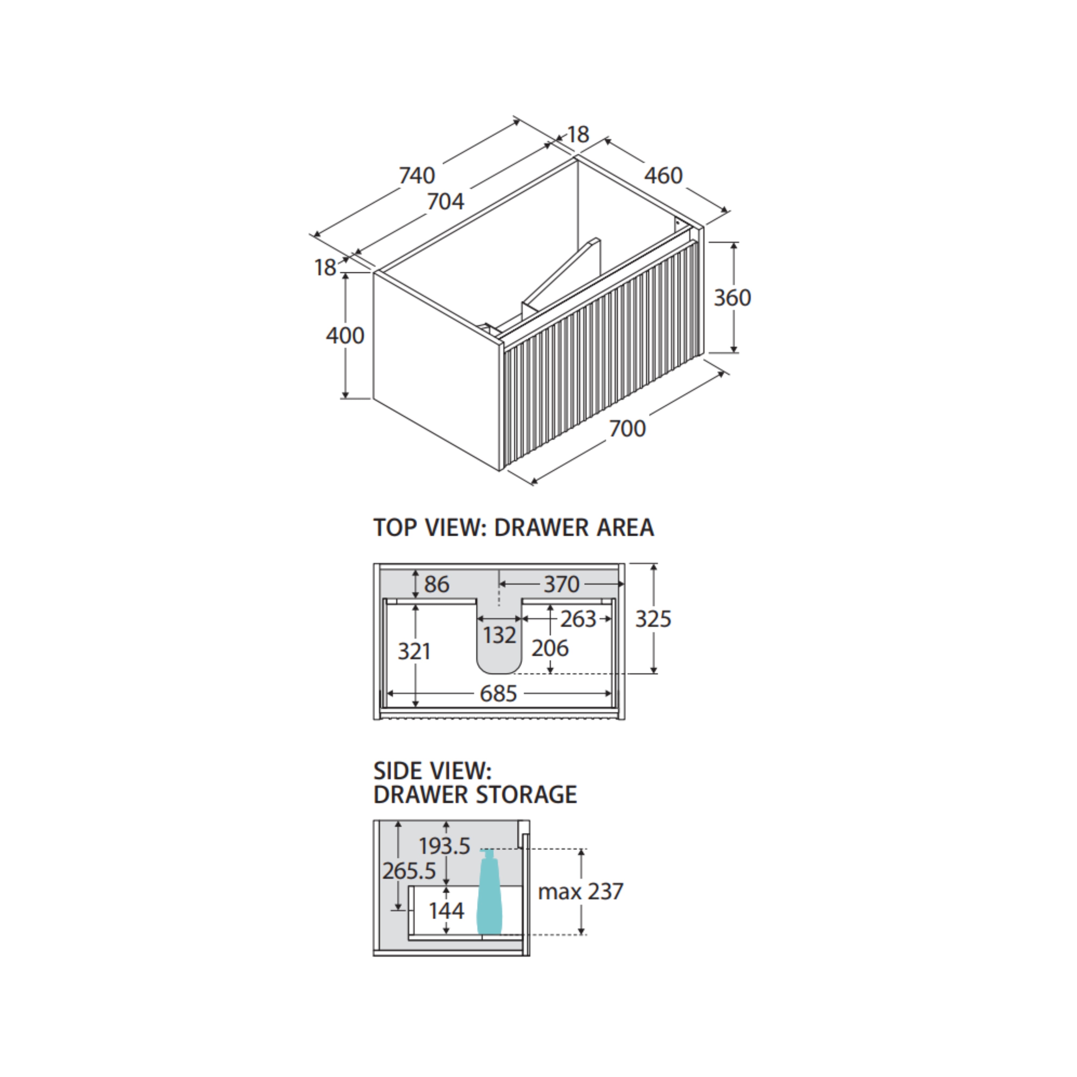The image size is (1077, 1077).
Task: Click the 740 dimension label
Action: click(417, 176)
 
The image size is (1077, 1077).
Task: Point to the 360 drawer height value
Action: click(732, 298)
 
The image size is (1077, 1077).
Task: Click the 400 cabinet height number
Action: click(345, 335)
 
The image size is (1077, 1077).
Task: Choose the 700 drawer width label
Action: click(627, 429)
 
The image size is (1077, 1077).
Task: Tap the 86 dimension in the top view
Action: click(436, 584)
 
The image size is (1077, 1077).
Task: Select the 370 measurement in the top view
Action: click(561, 584)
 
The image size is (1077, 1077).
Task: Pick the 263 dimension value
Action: click(578, 619)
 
